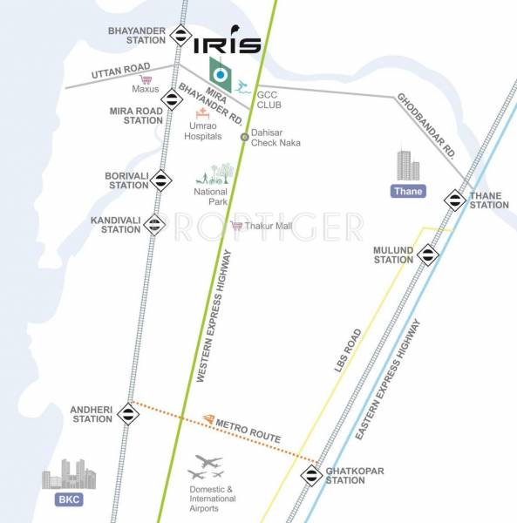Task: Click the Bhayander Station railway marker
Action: (181, 36)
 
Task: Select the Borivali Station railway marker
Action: (161, 180)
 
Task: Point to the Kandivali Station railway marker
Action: (154, 225)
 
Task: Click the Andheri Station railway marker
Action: (128, 414)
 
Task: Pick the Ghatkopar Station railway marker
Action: (311, 476)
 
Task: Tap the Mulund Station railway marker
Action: (427, 255)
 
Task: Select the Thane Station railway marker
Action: (454, 200)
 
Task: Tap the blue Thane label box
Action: (408, 191)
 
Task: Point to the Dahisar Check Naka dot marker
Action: (245, 136)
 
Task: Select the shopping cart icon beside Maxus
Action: (146, 80)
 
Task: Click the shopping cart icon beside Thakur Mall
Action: (236, 225)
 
